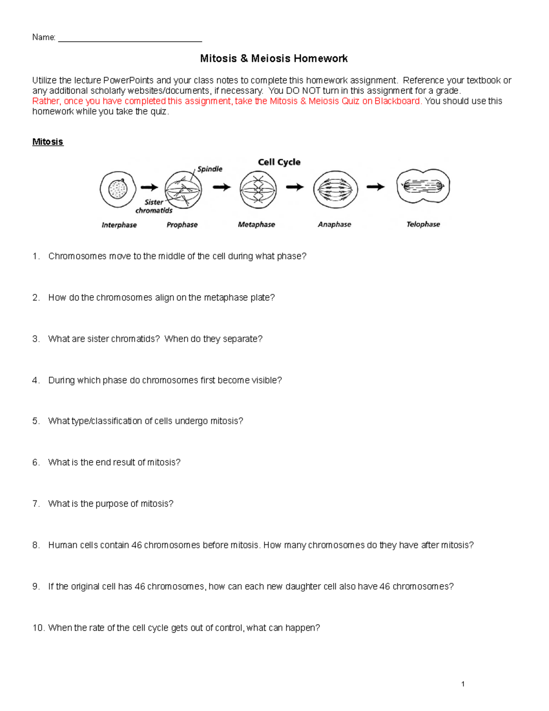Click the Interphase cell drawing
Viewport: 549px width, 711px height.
[x=118, y=189]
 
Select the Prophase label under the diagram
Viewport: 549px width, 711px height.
[x=182, y=225]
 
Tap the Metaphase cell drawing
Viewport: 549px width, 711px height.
[x=258, y=190]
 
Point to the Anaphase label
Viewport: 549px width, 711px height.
[x=334, y=224]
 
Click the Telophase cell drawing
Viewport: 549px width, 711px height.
[x=423, y=186]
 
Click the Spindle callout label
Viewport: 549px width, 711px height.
[x=210, y=169]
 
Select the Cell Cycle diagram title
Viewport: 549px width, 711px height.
[x=279, y=162]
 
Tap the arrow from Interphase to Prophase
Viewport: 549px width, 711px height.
[x=149, y=187]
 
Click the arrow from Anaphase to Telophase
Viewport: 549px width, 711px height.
[x=375, y=187]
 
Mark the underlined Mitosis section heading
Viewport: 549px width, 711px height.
[x=48, y=142]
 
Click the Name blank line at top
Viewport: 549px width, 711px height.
[x=130, y=38]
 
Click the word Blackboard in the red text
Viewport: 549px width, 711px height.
[x=397, y=101]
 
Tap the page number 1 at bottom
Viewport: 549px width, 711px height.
[x=463, y=684]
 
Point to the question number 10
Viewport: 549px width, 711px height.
[x=38, y=628]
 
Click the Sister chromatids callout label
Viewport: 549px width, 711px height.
[x=154, y=206]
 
